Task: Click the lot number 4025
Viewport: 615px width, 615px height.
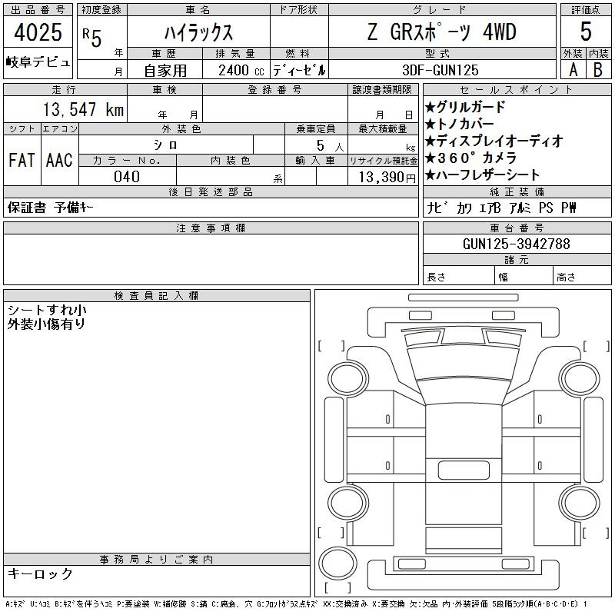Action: pyautogui.click(x=38, y=32)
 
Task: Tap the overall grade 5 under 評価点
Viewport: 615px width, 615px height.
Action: pyautogui.click(x=586, y=32)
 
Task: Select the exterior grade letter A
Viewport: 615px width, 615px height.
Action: pyautogui.click(x=573, y=70)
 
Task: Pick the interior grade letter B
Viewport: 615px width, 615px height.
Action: pyautogui.click(x=598, y=70)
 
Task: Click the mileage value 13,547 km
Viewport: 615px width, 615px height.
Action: pyautogui.click(x=83, y=109)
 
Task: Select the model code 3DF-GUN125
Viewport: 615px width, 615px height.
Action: pyautogui.click(x=440, y=70)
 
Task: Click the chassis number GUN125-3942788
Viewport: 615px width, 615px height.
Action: pyautogui.click(x=516, y=244)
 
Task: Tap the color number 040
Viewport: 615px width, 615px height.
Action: pyautogui.click(x=127, y=177)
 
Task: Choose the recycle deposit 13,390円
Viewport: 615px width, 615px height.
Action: pyautogui.click(x=387, y=178)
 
